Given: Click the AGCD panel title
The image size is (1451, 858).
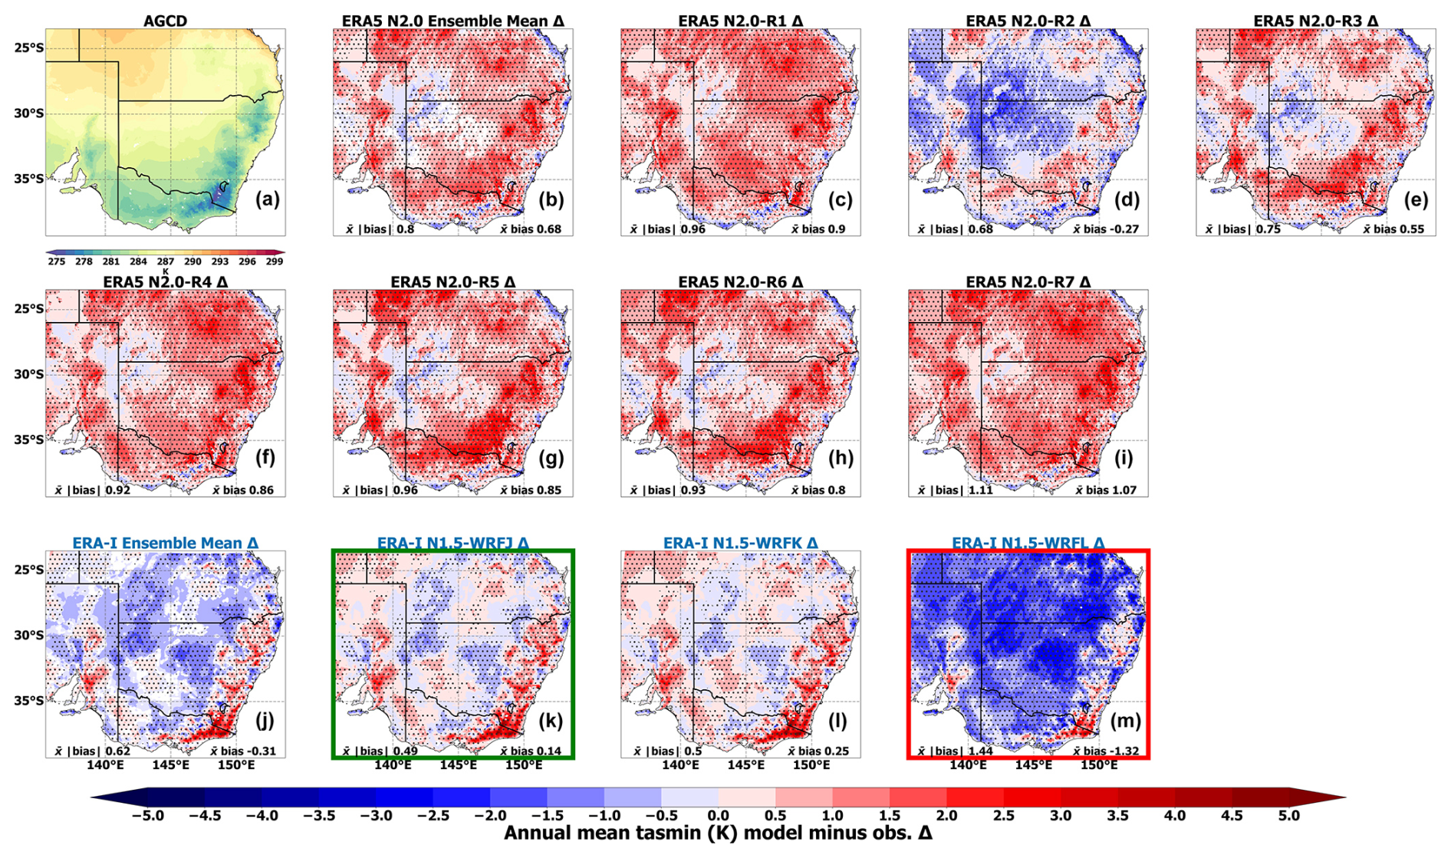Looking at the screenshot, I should pos(165,21).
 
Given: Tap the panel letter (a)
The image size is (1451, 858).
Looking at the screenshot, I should pos(267,200).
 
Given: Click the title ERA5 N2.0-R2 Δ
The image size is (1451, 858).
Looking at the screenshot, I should pos(1028,21).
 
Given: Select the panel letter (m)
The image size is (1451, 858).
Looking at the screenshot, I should pos(1125,721).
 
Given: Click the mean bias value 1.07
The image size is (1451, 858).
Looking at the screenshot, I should pos(1123,490).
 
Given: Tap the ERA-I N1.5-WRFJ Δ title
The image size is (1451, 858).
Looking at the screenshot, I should pos(452,543).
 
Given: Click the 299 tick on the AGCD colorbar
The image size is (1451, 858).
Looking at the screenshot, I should pos(275,261).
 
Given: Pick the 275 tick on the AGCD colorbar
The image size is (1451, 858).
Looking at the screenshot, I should pos(56,261).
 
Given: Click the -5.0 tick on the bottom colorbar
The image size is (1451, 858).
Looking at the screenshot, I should pos(148,816).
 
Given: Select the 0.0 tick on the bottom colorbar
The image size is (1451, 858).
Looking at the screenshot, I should pos(718,816).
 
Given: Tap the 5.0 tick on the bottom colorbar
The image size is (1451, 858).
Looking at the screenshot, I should pos(1289,816).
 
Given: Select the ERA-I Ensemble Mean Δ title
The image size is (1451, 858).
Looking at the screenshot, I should pos(165,543).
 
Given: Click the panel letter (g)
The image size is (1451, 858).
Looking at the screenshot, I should pos(551,459).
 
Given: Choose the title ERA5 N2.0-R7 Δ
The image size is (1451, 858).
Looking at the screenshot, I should pos(1028,282).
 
